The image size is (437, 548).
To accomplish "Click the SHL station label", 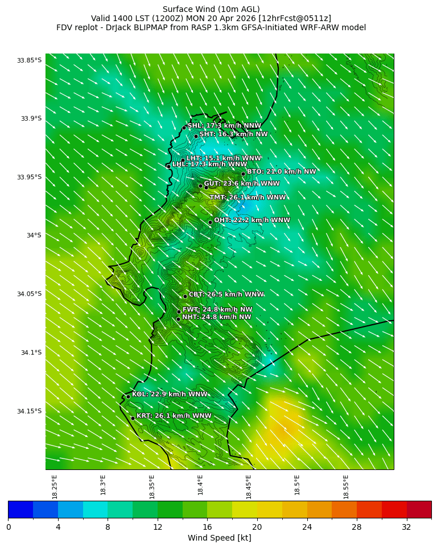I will click(224, 125).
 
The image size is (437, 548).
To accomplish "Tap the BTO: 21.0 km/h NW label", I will click(281, 171).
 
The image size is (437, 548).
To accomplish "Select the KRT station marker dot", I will click(133, 418).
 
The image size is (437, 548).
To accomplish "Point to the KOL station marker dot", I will click(128, 396).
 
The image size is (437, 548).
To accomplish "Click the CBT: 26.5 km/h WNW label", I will click(226, 295).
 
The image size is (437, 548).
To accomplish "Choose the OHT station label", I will click(252, 220).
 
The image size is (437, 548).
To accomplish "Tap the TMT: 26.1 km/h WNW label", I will click(248, 197).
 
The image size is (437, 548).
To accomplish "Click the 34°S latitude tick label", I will click(34, 235).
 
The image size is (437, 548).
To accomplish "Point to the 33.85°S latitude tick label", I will click(29, 60).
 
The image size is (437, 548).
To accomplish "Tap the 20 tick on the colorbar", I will click(257, 527).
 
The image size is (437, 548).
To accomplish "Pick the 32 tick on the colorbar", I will click(406, 527).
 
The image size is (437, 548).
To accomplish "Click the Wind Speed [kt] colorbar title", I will click(219, 538).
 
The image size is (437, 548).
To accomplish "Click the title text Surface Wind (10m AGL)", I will click(211, 9).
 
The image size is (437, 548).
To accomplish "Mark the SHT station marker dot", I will click(196, 136).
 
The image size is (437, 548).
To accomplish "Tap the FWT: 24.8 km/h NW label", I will click(217, 309).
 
